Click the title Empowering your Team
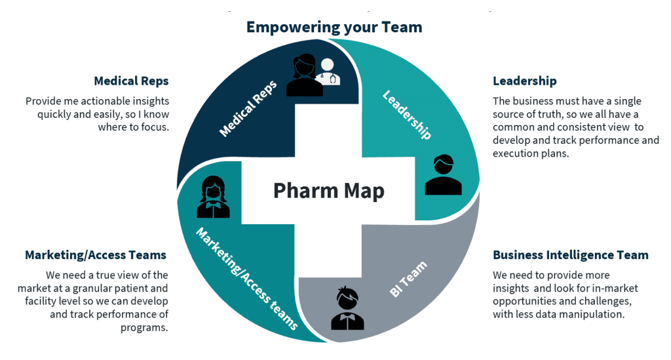334,28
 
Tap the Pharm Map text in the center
329,190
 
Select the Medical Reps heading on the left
131,81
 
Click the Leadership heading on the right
525,81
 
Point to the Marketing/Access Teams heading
96,255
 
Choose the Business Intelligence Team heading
571,255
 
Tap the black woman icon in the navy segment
304,75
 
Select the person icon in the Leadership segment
444,174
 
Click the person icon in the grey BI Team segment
347,308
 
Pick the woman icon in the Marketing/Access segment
213,197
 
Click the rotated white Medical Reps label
248,109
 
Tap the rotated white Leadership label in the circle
407,115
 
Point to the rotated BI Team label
408,279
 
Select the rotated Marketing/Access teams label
247,279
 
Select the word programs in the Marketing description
144,328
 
